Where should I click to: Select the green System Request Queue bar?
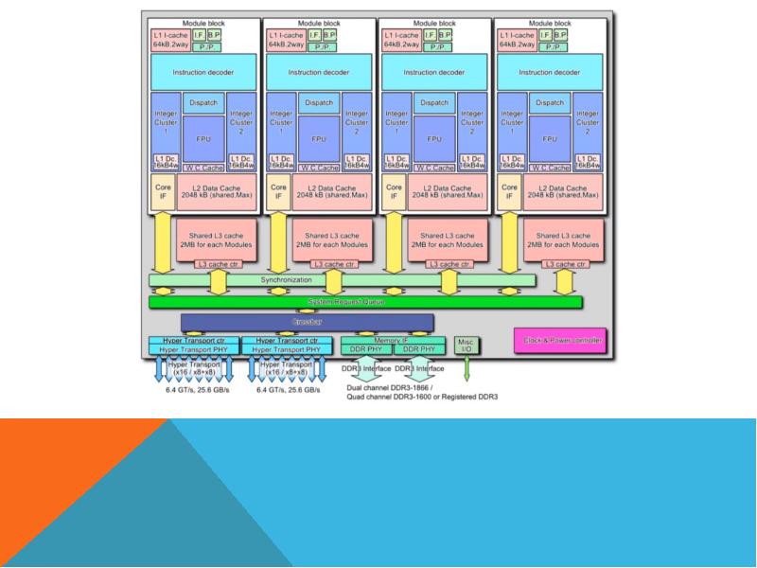pyautogui.click(x=365, y=302)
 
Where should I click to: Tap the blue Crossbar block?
pyautogui.click(x=308, y=323)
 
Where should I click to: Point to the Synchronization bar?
pyautogui.click(x=342, y=280)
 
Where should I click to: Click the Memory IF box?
pyautogui.click(x=391, y=339)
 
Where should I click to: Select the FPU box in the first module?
pyautogui.click(x=203, y=137)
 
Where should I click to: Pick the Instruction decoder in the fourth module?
pyautogui.click(x=548, y=71)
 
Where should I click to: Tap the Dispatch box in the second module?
pyautogui.click(x=319, y=102)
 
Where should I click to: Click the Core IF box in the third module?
pyautogui.click(x=394, y=191)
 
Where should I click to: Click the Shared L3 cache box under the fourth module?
pyautogui.click(x=566, y=240)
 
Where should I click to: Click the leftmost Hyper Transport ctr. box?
pyautogui.click(x=192, y=339)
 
